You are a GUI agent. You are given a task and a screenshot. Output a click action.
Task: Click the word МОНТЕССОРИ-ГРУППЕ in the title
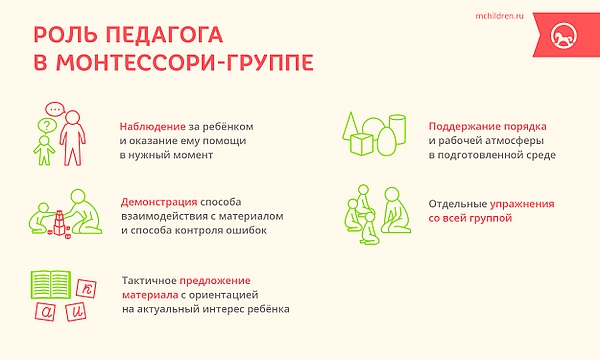185,62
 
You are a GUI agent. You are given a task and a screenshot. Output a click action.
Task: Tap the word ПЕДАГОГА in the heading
164,34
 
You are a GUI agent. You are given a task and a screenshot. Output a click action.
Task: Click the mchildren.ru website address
499,16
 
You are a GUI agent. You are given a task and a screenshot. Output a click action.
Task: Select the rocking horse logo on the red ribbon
564,35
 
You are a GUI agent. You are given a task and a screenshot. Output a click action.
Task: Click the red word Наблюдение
152,126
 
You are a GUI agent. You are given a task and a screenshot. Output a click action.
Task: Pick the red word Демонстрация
159,202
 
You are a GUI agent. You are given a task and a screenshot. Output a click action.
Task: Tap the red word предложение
215,281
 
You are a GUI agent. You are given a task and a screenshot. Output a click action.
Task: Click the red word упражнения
522,204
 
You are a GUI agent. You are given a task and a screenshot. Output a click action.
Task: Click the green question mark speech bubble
47,126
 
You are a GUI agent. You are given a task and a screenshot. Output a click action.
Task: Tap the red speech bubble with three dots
55,110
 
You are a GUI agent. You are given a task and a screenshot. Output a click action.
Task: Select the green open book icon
51,285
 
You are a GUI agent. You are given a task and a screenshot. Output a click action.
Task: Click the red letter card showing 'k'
86,288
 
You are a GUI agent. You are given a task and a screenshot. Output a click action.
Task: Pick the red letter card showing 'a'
45,311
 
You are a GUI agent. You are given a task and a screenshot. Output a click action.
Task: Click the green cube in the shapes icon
362,144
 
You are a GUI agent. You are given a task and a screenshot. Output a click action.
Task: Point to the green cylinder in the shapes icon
398,129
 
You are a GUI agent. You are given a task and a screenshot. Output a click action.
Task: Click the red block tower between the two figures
59,223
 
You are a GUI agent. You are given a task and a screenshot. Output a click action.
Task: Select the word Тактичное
149,281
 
